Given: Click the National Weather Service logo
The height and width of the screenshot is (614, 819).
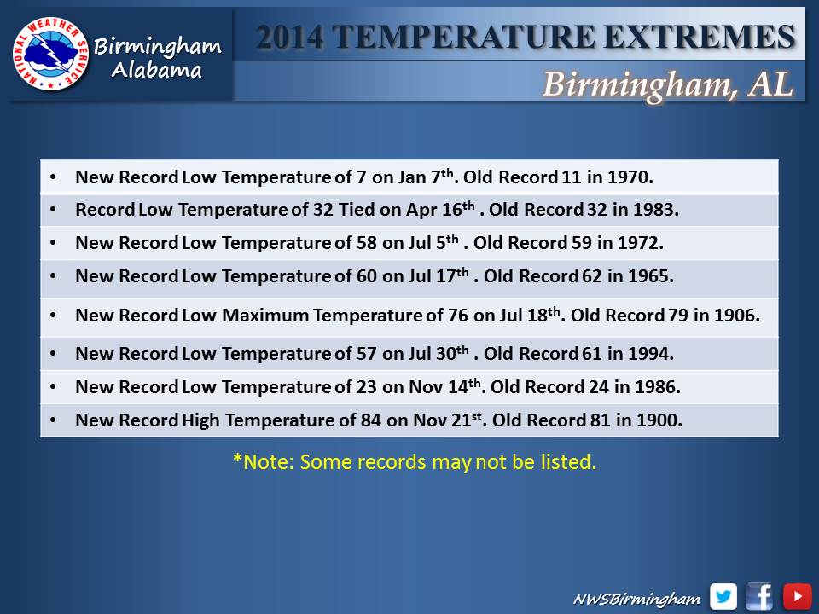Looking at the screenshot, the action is click(x=50, y=54).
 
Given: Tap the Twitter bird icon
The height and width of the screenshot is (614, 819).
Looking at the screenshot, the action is click(x=723, y=596).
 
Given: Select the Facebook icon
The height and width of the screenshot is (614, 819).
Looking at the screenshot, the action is click(x=760, y=596).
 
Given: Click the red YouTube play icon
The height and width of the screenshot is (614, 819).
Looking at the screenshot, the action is click(x=797, y=596).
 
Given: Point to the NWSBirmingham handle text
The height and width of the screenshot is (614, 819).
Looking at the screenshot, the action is click(x=636, y=599).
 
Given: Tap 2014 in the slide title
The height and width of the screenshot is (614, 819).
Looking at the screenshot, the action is click(x=289, y=37).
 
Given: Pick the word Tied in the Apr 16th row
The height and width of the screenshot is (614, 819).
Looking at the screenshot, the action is click(x=357, y=210).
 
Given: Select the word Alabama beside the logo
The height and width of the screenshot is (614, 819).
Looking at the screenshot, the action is click(x=157, y=70).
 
